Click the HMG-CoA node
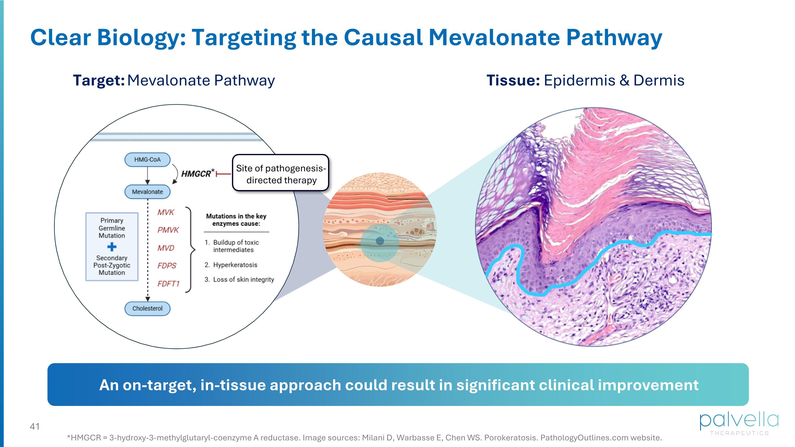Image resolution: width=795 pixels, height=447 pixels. [147, 160]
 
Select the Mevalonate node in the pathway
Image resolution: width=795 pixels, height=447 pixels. [147, 192]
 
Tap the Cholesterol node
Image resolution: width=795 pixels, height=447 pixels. [147, 308]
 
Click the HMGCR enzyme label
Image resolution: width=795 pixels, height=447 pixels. [196, 174]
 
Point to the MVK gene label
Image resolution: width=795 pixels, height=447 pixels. [166, 212]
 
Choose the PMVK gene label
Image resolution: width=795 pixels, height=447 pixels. [168, 230]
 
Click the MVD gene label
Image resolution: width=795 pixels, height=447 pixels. [166, 248]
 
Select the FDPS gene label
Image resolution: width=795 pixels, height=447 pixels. [167, 265]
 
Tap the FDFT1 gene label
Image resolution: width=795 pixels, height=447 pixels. [168, 284]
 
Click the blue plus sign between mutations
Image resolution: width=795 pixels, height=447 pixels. [112, 247]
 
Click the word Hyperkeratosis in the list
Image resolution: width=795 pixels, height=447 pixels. [235, 265]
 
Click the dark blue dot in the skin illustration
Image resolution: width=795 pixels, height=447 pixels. [380, 241]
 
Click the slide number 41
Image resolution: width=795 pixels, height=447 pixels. [34, 426]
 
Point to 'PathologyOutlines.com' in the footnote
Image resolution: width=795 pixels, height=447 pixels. [584, 437]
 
